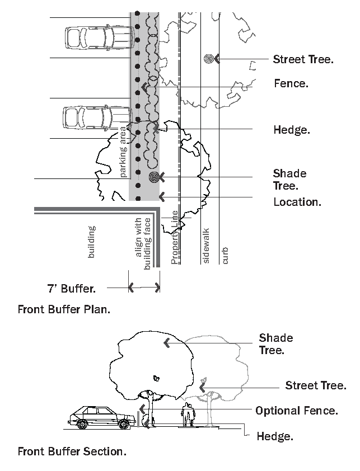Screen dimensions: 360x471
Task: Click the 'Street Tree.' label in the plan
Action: [x=303, y=59]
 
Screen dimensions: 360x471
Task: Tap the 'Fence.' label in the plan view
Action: [x=291, y=83]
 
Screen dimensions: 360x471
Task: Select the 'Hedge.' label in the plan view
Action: [x=292, y=130]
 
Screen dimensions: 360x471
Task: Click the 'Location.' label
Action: [x=297, y=202]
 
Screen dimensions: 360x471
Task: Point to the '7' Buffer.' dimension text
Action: [x=72, y=289]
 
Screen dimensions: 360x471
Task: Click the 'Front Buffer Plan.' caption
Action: [x=64, y=309]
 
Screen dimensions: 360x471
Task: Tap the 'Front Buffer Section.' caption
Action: [x=72, y=451]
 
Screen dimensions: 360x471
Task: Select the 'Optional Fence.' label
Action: [x=297, y=411]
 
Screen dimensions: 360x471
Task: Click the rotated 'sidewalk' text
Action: [x=206, y=246]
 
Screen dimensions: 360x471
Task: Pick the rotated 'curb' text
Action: [x=225, y=256]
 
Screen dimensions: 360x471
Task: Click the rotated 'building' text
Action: [x=91, y=242]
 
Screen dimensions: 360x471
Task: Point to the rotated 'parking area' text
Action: [x=123, y=152]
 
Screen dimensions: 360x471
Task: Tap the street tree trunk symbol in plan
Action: [x=208, y=59]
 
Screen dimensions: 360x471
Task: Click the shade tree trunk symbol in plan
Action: [x=154, y=177]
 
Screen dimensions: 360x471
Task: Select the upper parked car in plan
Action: [x=100, y=38]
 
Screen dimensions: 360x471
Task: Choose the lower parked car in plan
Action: [x=97, y=118]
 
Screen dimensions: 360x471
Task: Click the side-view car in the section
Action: [x=102, y=417]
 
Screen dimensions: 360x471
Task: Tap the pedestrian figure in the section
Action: [x=188, y=415]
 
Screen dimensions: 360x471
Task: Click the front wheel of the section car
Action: [x=123, y=424]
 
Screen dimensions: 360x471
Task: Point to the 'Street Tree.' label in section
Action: [x=316, y=385]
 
